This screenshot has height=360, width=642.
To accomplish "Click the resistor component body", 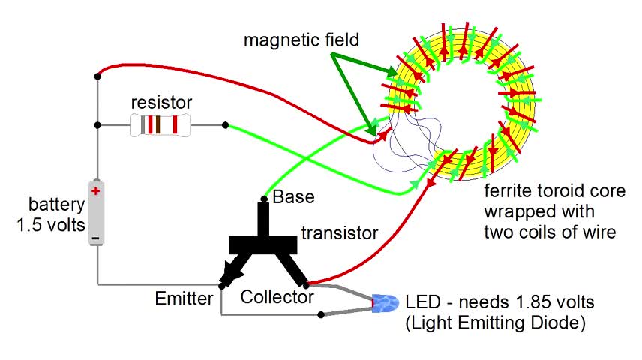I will click(x=160, y=125).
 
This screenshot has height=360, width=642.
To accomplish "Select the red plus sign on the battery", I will click(x=96, y=191).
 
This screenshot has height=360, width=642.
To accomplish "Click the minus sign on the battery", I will click(x=96, y=239).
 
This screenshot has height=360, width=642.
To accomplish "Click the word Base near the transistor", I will click(x=294, y=198).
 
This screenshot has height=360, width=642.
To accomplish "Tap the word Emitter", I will click(x=184, y=298).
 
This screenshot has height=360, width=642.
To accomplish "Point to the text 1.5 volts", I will click(x=52, y=223).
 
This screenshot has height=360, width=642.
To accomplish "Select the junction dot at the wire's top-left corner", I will click(x=97, y=74).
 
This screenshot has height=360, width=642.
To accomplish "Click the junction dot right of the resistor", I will click(x=225, y=125).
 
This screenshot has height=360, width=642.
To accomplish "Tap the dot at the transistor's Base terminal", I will click(x=263, y=199).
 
